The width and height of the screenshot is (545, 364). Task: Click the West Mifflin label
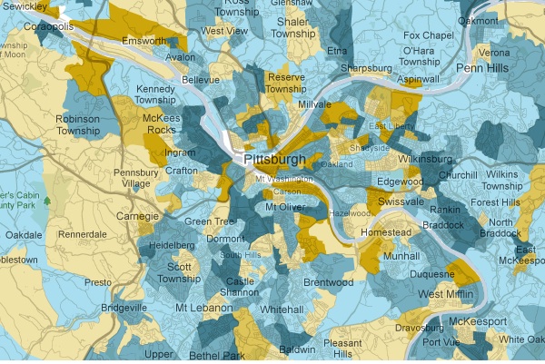[x=451, y=294]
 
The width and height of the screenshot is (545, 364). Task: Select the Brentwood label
[x=328, y=282]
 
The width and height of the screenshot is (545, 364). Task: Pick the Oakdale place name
[x=25, y=234]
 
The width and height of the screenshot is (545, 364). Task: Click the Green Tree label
[x=211, y=221]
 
